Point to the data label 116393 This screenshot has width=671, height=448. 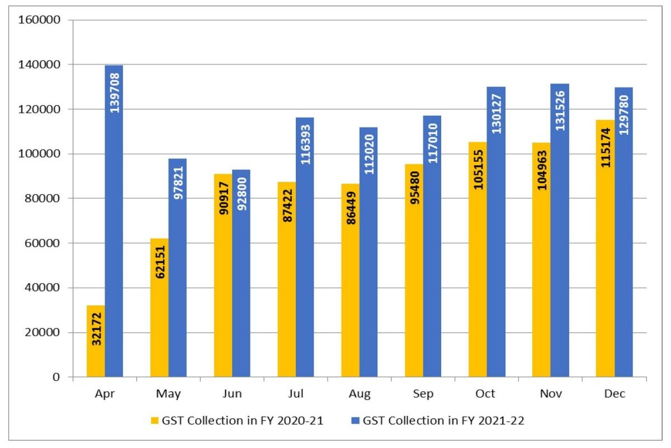(305, 144)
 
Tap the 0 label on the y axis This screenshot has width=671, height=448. (56, 377)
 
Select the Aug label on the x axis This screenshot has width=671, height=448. (360, 394)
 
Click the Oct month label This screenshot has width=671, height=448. (486, 394)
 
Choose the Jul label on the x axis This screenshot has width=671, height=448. (296, 394)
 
